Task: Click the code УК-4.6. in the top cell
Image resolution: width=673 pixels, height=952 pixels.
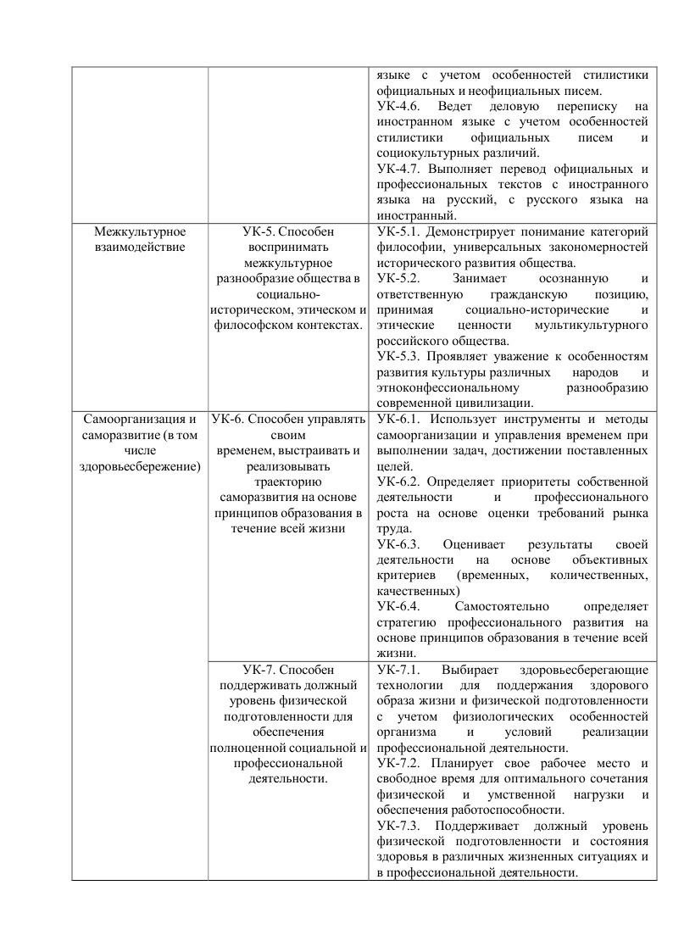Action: (399, 106)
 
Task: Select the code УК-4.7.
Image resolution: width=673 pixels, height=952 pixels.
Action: (399, 168)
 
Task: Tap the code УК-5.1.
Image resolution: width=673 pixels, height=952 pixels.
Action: (399, 231)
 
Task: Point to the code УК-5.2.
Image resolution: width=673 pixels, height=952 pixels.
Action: (399, 278)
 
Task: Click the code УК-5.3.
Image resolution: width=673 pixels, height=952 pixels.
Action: (399, 356)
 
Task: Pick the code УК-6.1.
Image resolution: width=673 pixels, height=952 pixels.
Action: (399, 419)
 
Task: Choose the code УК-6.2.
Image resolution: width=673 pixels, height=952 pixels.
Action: (399, 482)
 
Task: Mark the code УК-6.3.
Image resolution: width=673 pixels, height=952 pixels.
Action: (399, 544)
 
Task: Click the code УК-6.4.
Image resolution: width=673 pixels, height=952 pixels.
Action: (399, 606)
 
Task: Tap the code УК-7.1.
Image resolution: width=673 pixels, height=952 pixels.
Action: (399, 669)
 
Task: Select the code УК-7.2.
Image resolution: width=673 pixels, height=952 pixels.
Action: (399, 763)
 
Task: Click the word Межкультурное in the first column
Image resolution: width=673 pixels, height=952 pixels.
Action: (140, 231)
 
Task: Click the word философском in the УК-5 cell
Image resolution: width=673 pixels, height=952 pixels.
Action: (253, 325)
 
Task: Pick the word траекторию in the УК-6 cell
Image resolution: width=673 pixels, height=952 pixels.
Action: (288, 482)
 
